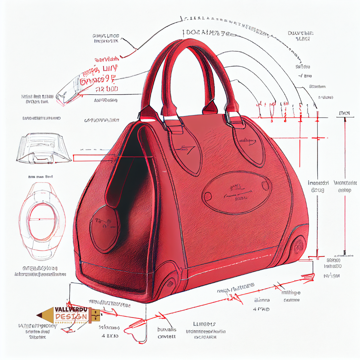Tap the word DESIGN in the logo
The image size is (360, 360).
[71, 317]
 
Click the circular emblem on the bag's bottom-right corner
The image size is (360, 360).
[298, 246]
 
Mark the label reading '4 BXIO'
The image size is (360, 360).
[110, 336]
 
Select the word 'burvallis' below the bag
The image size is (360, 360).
[167, 329]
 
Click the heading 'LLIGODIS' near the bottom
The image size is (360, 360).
[204, 324]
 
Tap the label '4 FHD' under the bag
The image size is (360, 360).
[261, 309]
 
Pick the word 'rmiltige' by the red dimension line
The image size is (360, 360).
[291, 293]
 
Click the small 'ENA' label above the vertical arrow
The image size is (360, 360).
[344, 114]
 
